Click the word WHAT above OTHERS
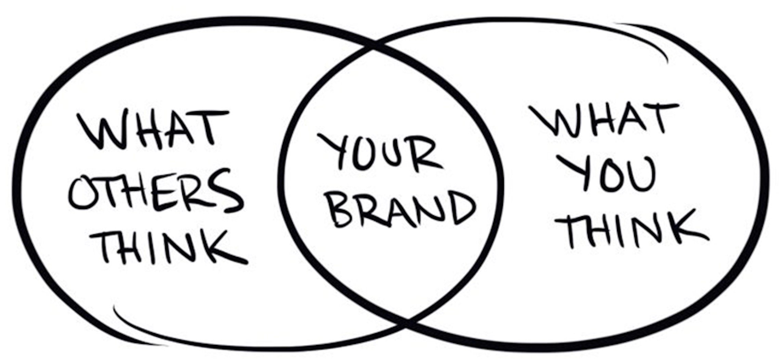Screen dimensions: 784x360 point(152,130)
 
